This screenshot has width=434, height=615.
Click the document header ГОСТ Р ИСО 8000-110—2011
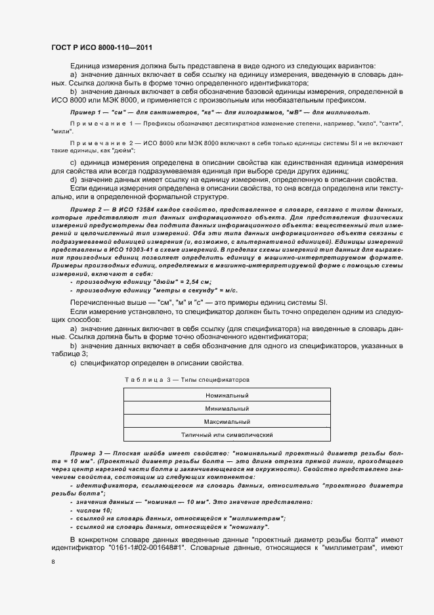pos(102,47)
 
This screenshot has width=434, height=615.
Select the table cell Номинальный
pos(227,396)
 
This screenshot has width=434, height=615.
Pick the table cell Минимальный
pos(227,409)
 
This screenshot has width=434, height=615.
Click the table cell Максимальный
pos(227,422)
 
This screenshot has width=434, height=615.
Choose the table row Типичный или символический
pos(227,435)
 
